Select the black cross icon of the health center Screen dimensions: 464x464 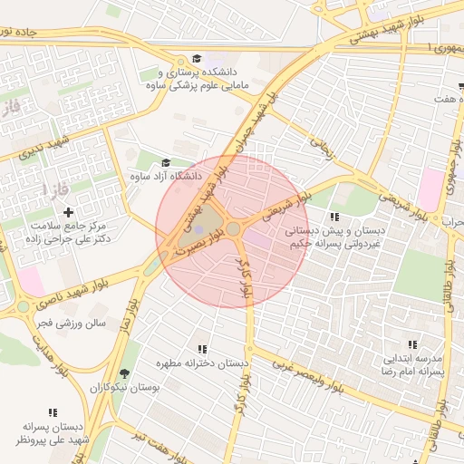[69, 211]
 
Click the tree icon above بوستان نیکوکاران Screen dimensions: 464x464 [125, 373]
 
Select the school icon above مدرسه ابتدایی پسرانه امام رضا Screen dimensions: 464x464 [412, 344]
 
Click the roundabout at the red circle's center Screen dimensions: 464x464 [233, 230]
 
